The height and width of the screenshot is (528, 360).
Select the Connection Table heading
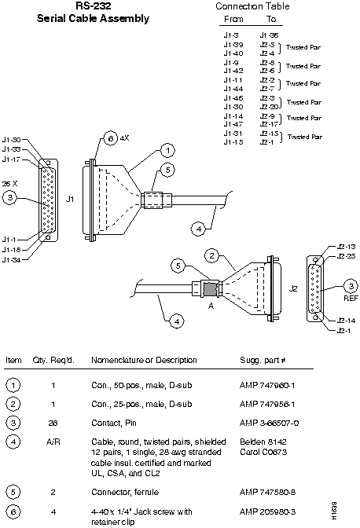click(252, 6)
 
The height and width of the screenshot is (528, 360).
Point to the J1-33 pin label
click(12, 149)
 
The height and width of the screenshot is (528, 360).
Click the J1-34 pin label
click(12, 259)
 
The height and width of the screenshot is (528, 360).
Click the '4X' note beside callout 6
click(123, 138)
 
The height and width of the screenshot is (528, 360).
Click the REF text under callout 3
click(351, 299)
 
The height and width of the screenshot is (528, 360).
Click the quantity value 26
click(53, 423)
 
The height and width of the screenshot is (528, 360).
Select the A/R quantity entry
click(53, 442)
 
